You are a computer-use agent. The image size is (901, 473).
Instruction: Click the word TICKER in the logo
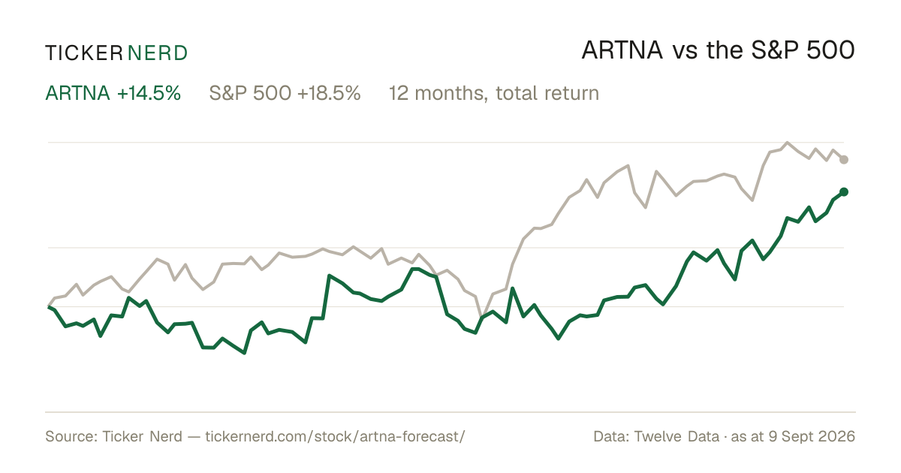84,53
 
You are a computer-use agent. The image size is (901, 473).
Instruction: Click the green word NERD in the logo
158,53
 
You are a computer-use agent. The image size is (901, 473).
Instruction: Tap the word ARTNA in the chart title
622,50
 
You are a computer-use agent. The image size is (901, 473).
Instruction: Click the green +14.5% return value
149,93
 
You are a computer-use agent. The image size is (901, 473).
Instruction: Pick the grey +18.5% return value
329,93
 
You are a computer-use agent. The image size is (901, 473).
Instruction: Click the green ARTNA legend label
77,93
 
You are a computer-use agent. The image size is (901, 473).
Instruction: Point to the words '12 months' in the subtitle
438,94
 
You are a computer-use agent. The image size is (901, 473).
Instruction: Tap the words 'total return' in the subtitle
547,93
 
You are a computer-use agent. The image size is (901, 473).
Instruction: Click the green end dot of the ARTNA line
844,192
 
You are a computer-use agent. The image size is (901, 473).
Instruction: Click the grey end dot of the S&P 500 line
844,160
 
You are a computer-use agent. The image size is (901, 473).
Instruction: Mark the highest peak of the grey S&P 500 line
787,143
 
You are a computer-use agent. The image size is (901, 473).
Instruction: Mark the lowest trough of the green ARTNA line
244,353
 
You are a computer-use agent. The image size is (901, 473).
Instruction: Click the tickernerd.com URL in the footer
335,436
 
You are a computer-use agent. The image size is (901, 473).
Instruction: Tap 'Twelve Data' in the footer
677,436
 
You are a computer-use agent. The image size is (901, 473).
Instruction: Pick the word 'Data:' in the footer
611,436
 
